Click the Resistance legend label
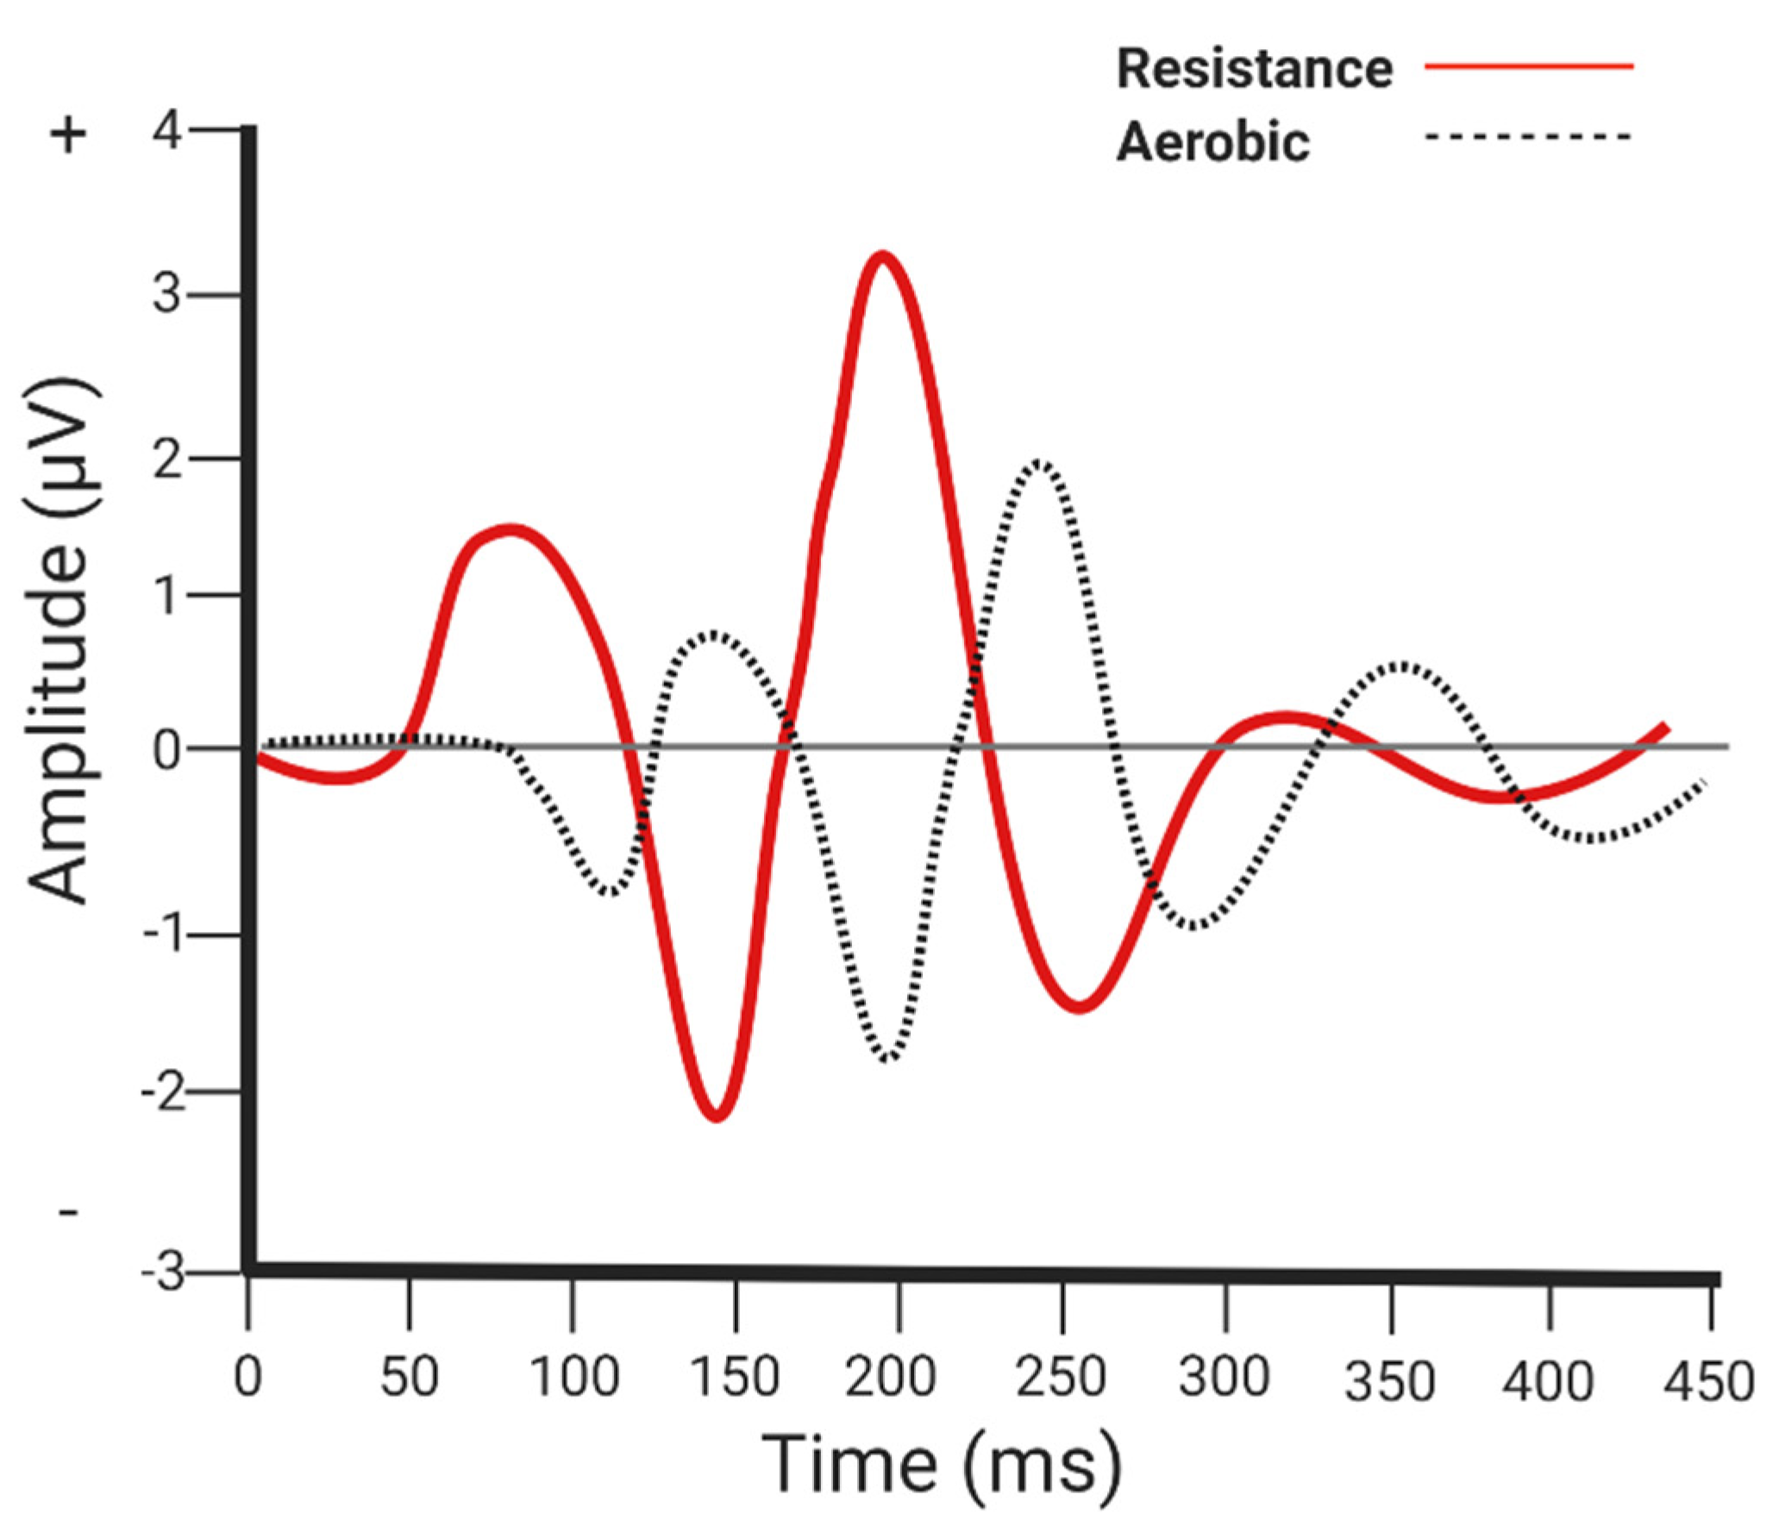pos(1254,69)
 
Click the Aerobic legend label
pos(1212,141)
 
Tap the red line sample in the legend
pos(1529,66)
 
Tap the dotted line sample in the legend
pos(1529,136)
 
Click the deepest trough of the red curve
pos(717,1117)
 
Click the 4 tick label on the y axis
pos(167,132)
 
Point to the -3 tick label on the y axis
pos(165,1272)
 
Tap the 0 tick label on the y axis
pos(167,750)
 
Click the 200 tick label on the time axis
pos(890,1377)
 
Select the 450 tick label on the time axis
pos(1708,1382)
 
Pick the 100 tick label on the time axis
pos(573,1377)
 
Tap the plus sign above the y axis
pos(71,135)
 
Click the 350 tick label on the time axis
pos(1389,1382)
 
